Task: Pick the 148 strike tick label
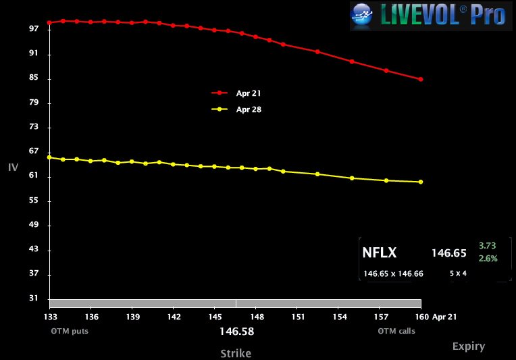[x=257, y=317]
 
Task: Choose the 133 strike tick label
[x=50, y=317]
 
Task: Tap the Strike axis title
[x=236, y=353]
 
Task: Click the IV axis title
[x=13, y=167]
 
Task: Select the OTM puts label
[x=70, y=331]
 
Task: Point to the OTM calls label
[x=396, y=331]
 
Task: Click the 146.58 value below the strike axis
[x=236, y=332]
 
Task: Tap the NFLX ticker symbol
[x=380, y=253]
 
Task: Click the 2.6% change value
[x=488, y=259]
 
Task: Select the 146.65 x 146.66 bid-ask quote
[x=393, y=274]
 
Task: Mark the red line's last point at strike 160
[x=421, y=79]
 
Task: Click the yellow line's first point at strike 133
[x=49, y=157]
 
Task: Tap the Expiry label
[x=469, y=346]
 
